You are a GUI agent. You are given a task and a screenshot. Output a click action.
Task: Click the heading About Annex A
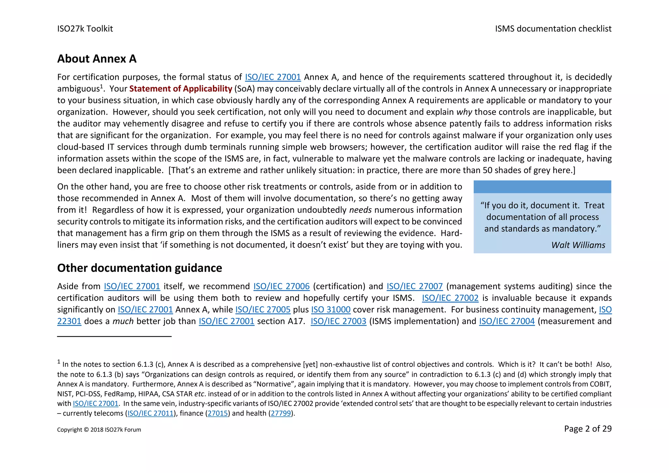[97, 59]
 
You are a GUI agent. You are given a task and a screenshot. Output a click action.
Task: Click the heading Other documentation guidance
[139, 268]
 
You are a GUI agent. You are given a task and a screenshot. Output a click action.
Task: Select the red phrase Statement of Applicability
[181, 89]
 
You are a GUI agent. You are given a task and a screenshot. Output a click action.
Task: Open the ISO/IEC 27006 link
[281, 286]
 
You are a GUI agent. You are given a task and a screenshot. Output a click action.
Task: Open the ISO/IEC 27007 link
[415, 286]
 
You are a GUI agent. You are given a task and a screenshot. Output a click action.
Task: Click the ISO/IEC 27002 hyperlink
[450, 298]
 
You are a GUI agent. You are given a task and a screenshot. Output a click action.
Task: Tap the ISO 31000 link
[331, 310]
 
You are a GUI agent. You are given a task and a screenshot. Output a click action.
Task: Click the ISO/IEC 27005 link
[263, 310]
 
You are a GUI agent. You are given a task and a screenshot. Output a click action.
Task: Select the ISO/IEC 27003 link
[338, 321]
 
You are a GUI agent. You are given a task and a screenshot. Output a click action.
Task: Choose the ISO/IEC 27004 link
[507, 321]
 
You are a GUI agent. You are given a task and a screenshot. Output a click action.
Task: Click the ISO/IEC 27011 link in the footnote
[150, 414]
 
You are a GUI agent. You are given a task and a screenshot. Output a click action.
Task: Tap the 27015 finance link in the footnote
[218, 414]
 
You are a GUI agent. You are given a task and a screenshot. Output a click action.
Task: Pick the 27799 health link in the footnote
[281, 414]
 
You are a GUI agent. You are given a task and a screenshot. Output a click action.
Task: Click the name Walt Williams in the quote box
[578, 245]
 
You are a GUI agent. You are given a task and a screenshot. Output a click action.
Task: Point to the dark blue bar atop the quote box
[542, 187]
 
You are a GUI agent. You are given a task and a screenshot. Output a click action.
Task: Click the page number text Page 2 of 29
[587, 429]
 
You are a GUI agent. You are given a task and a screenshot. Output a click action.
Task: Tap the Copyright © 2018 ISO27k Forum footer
[99, 430]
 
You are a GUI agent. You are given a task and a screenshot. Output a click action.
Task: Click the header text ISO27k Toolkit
[85, 29]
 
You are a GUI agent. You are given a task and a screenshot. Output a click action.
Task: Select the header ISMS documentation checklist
[553, 29]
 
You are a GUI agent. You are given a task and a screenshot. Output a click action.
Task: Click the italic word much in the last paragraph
[123, 321]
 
